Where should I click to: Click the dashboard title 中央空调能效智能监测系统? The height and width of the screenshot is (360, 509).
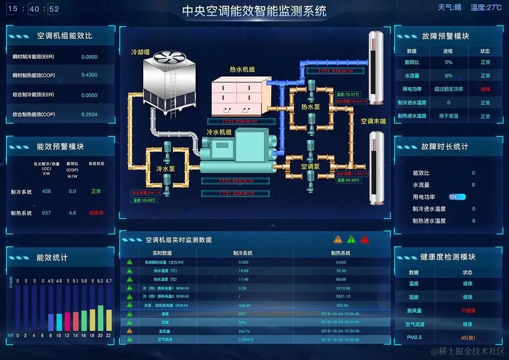[254, 11]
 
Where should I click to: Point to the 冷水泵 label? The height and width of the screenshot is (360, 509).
[165, 169]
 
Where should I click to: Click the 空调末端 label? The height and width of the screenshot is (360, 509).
[373, 121]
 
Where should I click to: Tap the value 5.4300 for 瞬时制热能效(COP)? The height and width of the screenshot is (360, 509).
[89, 75]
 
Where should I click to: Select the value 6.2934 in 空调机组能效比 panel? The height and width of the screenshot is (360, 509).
[89, 114]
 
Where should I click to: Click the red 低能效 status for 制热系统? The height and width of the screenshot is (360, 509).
[96, 213]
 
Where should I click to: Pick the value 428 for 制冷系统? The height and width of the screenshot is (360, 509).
[46, 191]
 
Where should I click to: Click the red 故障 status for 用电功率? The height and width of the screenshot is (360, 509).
[485, 89]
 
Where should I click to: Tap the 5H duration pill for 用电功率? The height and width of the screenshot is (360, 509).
[457, 197]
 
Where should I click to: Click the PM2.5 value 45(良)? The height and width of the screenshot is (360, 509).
[467, 337]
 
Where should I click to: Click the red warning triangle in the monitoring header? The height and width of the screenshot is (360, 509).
[365, 239]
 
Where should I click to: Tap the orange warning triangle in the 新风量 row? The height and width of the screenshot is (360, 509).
[130, 331]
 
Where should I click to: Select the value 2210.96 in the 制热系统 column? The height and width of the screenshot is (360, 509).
[341, 288]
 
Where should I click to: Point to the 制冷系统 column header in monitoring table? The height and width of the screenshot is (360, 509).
[242, 253]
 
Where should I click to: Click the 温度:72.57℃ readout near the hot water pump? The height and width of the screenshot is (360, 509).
[348, 94]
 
